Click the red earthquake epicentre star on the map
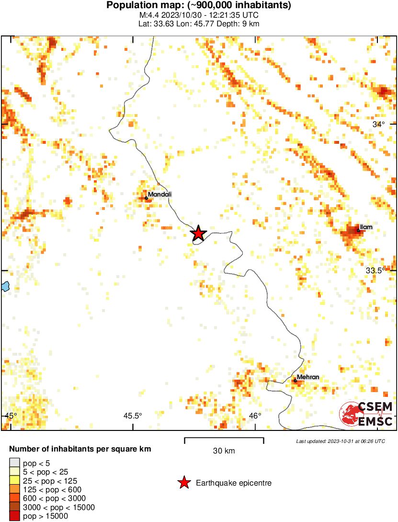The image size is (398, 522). [x=198, y=233]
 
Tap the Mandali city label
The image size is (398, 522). [x=159, y=194]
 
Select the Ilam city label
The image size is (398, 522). [x=366, y=227]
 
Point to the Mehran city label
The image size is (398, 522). [x=308, y=377]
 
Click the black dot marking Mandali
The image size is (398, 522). [x=146, y=198]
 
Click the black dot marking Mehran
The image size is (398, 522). [x=296, y=381]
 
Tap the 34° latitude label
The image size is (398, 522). [x=379, y=124]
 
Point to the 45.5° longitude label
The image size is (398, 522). [x=133, y=416]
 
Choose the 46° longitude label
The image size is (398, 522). [x=255, y=416]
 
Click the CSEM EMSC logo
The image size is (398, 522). [x=366, y=414]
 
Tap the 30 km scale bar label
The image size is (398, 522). [x=224, y=451]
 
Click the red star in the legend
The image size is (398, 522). [x=183, y=483]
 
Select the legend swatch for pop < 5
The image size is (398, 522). [x=14, y=463]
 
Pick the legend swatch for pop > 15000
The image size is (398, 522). [x=14, y=516]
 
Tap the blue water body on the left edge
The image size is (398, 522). [x=5, y=287]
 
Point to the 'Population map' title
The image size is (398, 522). [x=199, y=6]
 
